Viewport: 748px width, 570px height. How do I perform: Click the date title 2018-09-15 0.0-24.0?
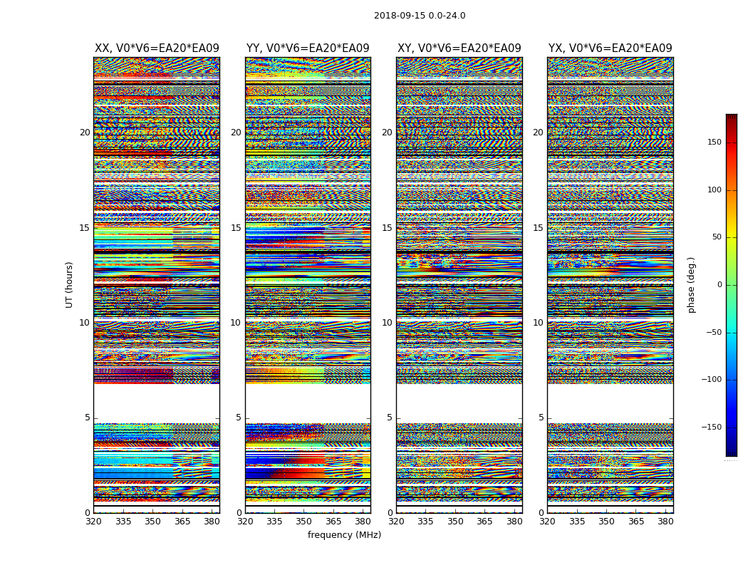click(420, 16)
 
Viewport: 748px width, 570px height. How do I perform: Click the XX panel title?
click(157, 48)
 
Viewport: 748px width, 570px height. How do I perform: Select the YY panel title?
click(308, 48)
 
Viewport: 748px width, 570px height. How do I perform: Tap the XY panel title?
click(459, 48)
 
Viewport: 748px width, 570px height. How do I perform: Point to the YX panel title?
click(610, 48)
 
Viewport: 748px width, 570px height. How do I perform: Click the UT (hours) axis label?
click(70, 284)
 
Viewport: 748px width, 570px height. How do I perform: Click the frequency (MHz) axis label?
click(344, 535)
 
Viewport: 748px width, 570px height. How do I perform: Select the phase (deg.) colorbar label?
click(692, 285)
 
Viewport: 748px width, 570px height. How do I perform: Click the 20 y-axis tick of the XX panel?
click(85, 133)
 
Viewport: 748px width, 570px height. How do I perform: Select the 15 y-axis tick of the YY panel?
click(236, 228)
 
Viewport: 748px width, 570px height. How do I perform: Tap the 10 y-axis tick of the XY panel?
click(387, 323)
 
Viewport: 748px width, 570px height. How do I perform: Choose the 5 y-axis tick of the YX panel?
click(541, 418)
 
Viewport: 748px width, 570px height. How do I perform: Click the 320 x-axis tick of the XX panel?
click(93, 522)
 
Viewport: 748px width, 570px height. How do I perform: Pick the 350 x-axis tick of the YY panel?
click(304, 522)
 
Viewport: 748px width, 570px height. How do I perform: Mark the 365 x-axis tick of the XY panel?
click(484, 522)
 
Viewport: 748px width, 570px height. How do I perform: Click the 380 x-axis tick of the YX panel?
click(665, 522)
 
